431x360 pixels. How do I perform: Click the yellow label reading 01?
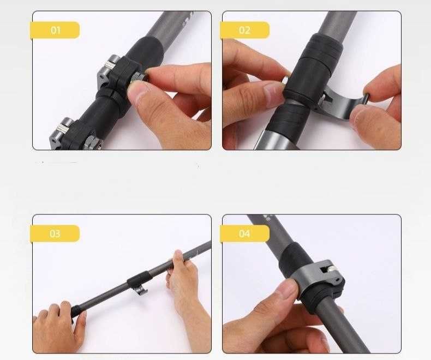pos(55,30)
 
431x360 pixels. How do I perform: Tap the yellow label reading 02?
pos(244,30)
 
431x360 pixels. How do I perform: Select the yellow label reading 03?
pos(55,233)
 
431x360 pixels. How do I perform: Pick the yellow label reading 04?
pos(244,233)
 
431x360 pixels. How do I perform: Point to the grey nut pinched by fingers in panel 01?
pos(137,77)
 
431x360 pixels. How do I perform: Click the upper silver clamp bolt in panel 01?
pos(111,64)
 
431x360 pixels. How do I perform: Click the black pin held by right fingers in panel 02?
pos(367,98)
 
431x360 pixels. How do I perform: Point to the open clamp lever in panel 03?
pos(140,290)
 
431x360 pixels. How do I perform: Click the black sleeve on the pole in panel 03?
pos(138,279)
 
